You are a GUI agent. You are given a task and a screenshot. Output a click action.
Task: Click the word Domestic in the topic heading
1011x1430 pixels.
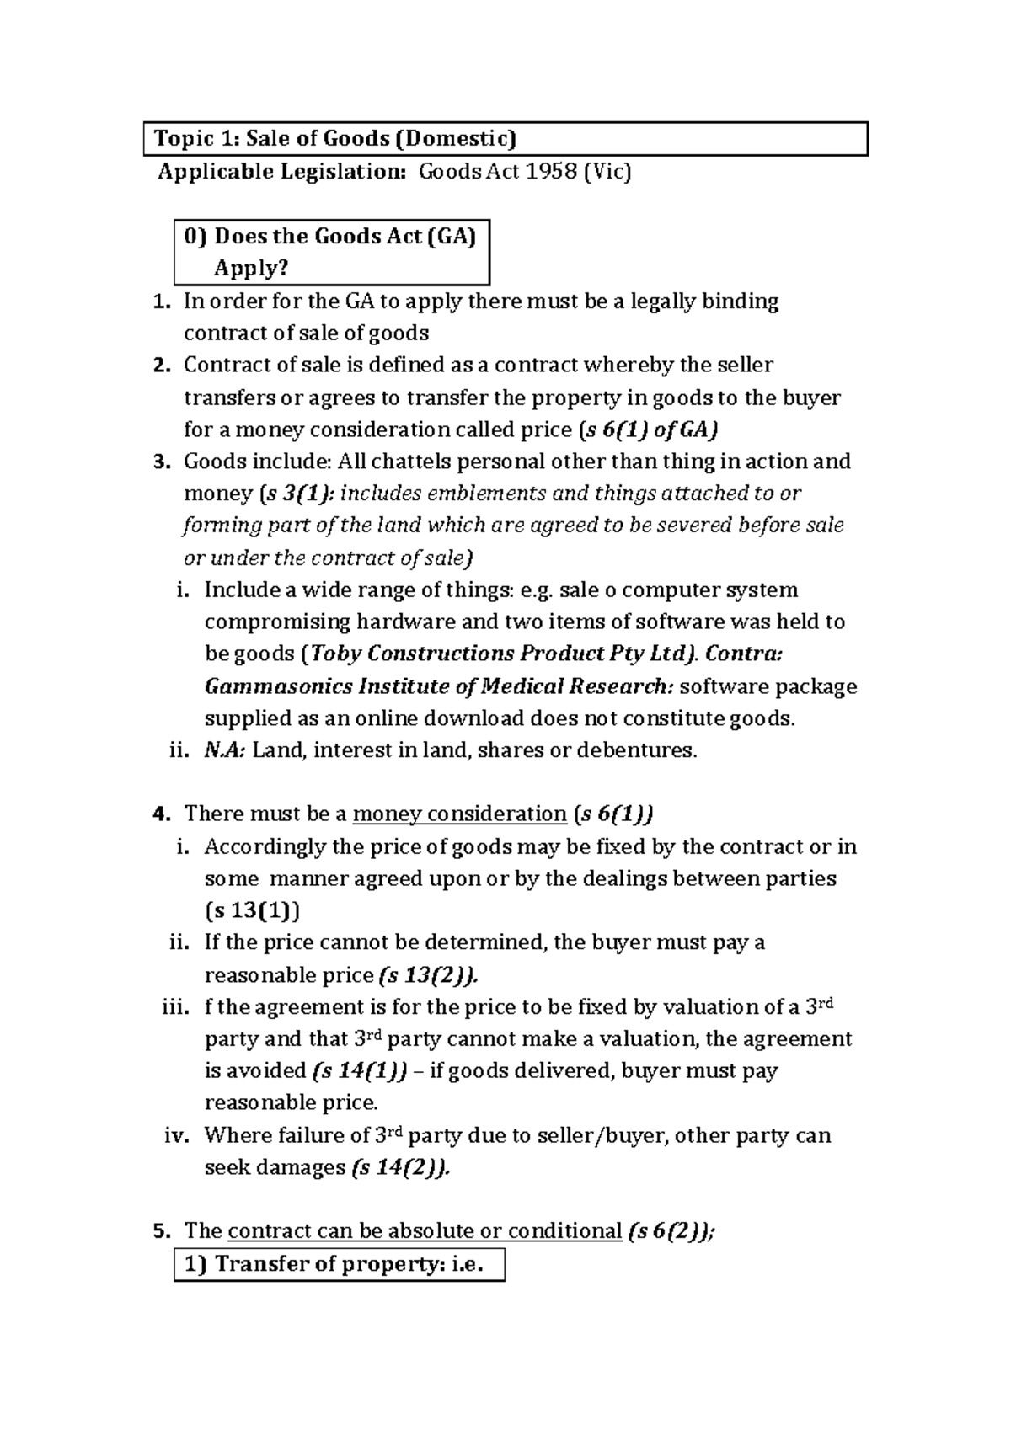458,138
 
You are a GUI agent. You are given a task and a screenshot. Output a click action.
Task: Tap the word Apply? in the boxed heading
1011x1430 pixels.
250,269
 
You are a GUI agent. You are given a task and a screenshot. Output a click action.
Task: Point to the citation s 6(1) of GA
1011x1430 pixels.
650,430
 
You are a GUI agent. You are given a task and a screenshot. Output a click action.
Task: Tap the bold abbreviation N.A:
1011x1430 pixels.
225,750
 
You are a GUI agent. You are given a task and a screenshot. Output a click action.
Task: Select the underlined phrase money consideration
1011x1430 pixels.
459,814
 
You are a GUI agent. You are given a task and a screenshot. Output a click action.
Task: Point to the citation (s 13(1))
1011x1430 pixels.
253,910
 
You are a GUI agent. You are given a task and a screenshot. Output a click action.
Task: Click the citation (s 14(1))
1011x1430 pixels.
359,1071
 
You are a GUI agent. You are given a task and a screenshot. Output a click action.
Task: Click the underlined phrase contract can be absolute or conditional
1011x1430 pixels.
424,1231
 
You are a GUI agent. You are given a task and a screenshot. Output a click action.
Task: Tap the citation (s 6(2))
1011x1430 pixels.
671,1231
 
